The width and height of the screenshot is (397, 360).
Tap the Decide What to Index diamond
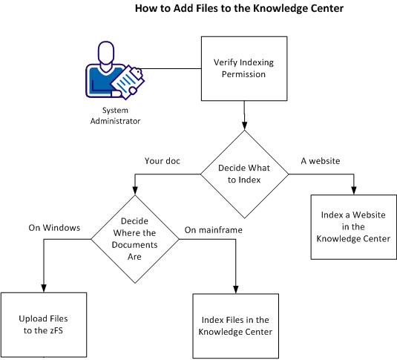tap(244, 174)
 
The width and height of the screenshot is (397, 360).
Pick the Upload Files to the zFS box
tap(45, 324)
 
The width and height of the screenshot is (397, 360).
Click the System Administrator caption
tap(115, 115)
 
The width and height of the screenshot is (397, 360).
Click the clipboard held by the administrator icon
tap(126, 81)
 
